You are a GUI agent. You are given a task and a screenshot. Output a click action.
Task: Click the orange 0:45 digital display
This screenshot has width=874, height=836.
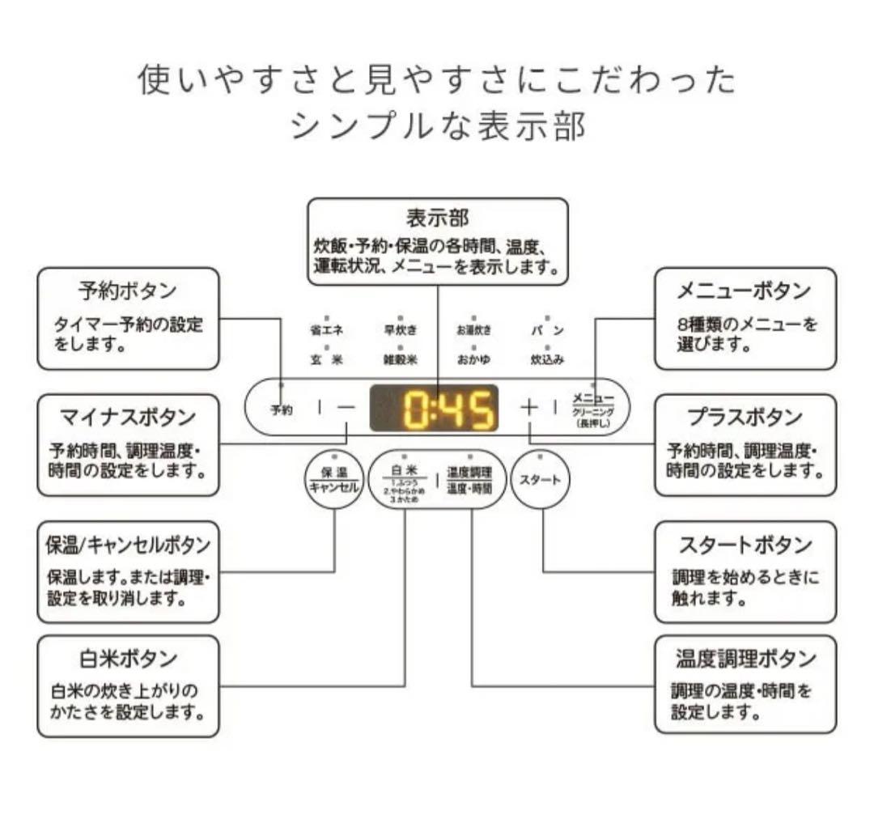click(435, 409)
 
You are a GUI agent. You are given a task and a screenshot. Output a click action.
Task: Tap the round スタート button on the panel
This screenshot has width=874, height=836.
click(540, 480)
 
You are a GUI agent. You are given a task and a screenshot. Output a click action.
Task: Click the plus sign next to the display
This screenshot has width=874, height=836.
click(528, 407)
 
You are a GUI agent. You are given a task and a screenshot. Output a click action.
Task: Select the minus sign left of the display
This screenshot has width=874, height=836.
click(346, 408)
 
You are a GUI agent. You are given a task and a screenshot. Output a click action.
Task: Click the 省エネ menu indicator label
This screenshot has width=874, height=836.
click(326, 330)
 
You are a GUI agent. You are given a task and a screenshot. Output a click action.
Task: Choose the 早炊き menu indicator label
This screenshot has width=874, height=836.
click(399, 330)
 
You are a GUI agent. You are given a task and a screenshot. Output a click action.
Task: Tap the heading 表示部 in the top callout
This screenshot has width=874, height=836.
click(437, 219)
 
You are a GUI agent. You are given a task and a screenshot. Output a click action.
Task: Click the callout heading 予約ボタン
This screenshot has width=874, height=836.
click(128, 290)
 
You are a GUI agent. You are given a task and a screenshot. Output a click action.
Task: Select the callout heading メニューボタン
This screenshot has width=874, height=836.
click(744, 290)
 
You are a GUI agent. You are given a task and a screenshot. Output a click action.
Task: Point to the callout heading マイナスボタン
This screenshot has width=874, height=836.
click(128, 417)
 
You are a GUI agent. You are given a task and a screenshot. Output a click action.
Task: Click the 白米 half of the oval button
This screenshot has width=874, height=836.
click(404, 480)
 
